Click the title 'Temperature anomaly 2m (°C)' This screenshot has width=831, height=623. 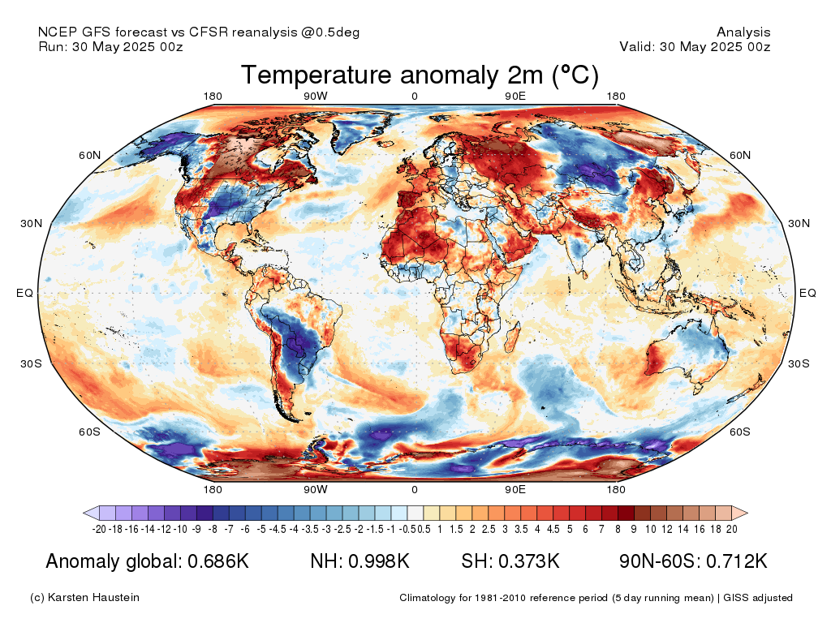pos(420,75)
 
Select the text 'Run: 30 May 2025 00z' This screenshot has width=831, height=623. pos(110,46)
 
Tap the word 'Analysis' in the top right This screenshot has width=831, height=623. pos(743,32)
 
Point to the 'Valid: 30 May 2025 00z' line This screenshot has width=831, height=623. pos(695,46)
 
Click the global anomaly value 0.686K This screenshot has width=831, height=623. pos(218,561)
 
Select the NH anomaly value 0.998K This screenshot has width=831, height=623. pos(379,561)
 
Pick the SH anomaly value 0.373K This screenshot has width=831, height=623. pos(528,561)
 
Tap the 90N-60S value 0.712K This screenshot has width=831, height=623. pos(737,561)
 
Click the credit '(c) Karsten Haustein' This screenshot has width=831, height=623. pos(84,598)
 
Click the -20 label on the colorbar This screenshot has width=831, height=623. pos(98,529)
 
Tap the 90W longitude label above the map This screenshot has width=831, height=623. pos(316,96)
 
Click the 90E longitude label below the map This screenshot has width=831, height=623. pos(515,489)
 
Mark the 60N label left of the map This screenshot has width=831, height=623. pos(89,155)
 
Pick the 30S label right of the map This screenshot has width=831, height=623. pos(799,363)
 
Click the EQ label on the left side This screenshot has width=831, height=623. pos(24,293)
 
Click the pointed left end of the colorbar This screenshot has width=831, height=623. pos(84,513)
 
